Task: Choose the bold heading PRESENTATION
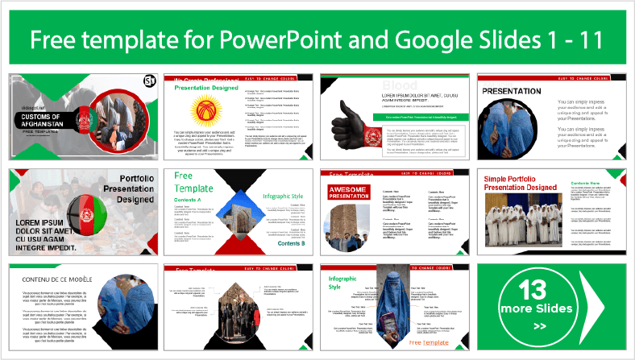click(512, 92)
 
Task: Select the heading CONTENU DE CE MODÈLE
click(58, 279)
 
